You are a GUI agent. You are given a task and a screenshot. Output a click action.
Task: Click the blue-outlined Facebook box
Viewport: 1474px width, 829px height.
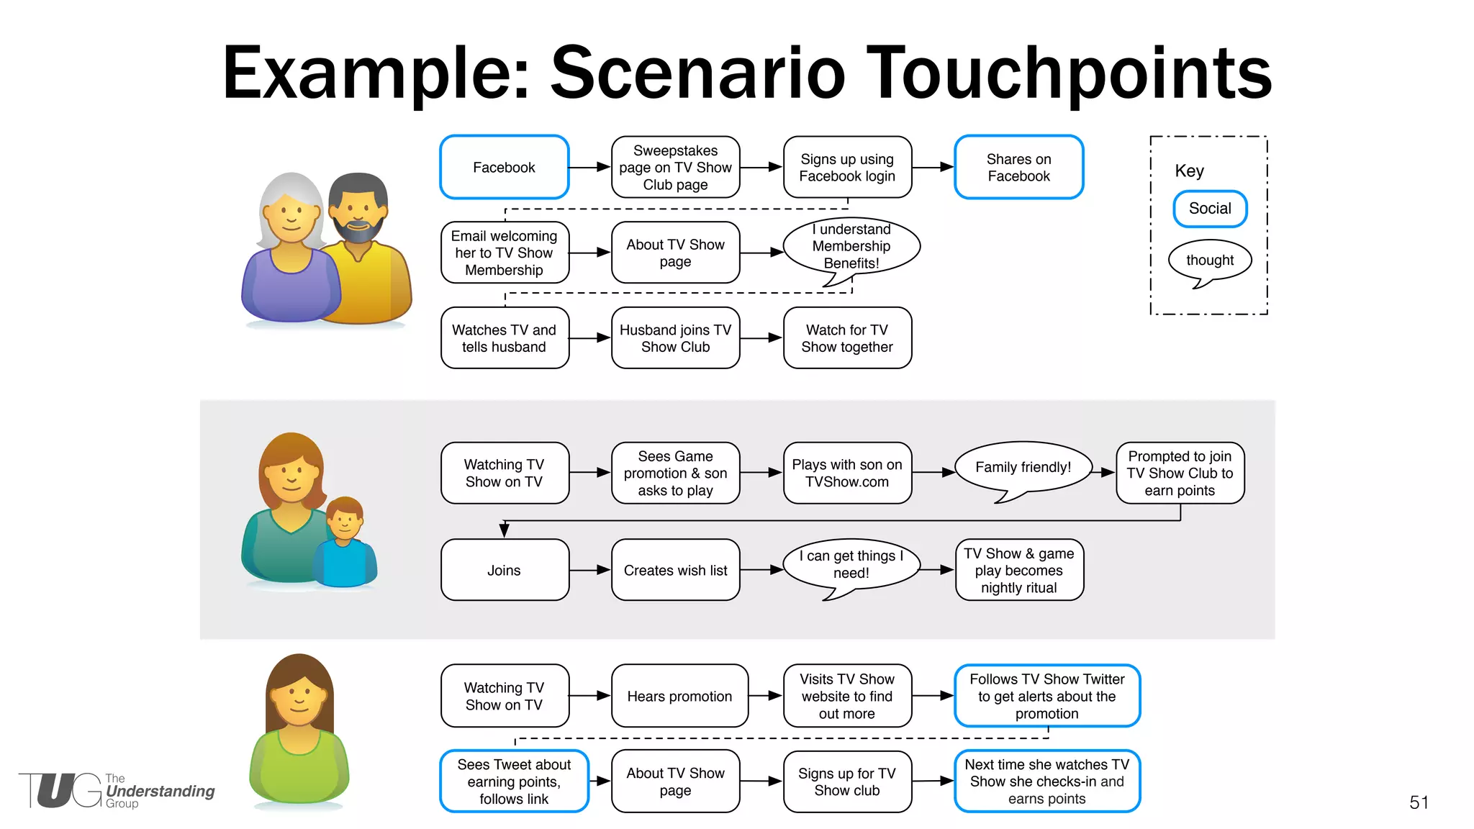(504, 167)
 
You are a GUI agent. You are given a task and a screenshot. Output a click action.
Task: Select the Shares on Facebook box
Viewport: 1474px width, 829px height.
(1018, 167)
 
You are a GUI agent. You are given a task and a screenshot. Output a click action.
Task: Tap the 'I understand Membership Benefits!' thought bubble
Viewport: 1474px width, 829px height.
(851, 247)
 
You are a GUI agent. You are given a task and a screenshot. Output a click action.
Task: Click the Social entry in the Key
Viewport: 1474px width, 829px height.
(1210, 209)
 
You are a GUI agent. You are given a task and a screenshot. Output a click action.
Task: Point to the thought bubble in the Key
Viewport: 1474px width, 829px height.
(1210, 261)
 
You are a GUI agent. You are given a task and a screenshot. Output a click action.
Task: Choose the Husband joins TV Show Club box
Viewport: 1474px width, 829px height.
(675, 338)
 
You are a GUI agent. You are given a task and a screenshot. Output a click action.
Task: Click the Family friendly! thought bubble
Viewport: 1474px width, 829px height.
(1023, 468)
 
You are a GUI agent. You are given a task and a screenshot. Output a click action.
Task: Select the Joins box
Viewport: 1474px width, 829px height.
(504, 570)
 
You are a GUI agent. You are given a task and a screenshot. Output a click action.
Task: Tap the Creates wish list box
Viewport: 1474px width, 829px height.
(675, 570)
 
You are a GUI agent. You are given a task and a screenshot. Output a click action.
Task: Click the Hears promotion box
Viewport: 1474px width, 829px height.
(679, 696)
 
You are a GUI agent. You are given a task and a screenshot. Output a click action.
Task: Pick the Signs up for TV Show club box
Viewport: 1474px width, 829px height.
(847, 782)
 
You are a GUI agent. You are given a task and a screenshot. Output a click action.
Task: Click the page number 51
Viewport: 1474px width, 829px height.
(1419, 802)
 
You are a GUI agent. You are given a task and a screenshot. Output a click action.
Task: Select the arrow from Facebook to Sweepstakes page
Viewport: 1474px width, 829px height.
(589, 167)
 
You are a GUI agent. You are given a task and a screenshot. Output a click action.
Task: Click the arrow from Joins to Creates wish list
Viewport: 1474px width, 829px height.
(589, 570)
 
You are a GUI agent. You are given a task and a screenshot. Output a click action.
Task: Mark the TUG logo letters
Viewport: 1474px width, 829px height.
(61, 790)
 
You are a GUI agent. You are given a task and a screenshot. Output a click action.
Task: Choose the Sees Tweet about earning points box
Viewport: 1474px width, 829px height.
(514, 782)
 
